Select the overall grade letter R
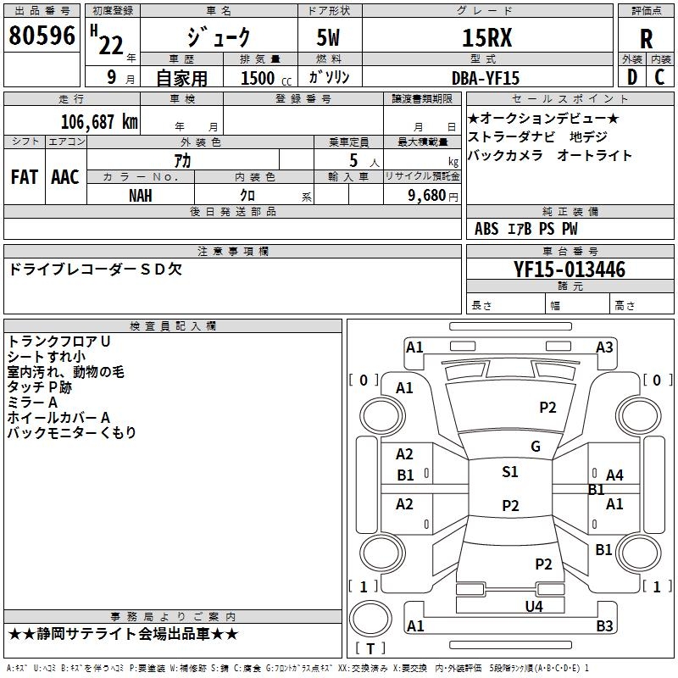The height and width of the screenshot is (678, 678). [646, 38]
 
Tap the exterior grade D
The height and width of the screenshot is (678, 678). [631, 76]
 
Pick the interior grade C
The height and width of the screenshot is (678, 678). [659, 76]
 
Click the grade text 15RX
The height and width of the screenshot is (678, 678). [486, 38]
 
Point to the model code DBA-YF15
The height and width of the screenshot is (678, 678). [486, 77]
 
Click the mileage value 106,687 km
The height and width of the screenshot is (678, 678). [100, 121]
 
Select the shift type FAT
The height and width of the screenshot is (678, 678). [25, 177]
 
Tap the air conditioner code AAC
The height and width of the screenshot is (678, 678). [64, 177]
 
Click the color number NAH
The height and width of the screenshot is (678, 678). [141, 195]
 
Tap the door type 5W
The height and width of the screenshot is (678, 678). [329, 38]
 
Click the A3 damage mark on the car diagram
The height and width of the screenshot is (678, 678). [604, 347]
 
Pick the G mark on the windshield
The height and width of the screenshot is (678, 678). [536, 447]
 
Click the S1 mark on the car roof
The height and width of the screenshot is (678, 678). [510, 472]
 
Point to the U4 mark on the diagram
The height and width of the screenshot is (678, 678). [533, 606]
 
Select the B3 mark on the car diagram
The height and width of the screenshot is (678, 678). [604, 626]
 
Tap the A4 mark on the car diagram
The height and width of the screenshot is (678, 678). [614, 475]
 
